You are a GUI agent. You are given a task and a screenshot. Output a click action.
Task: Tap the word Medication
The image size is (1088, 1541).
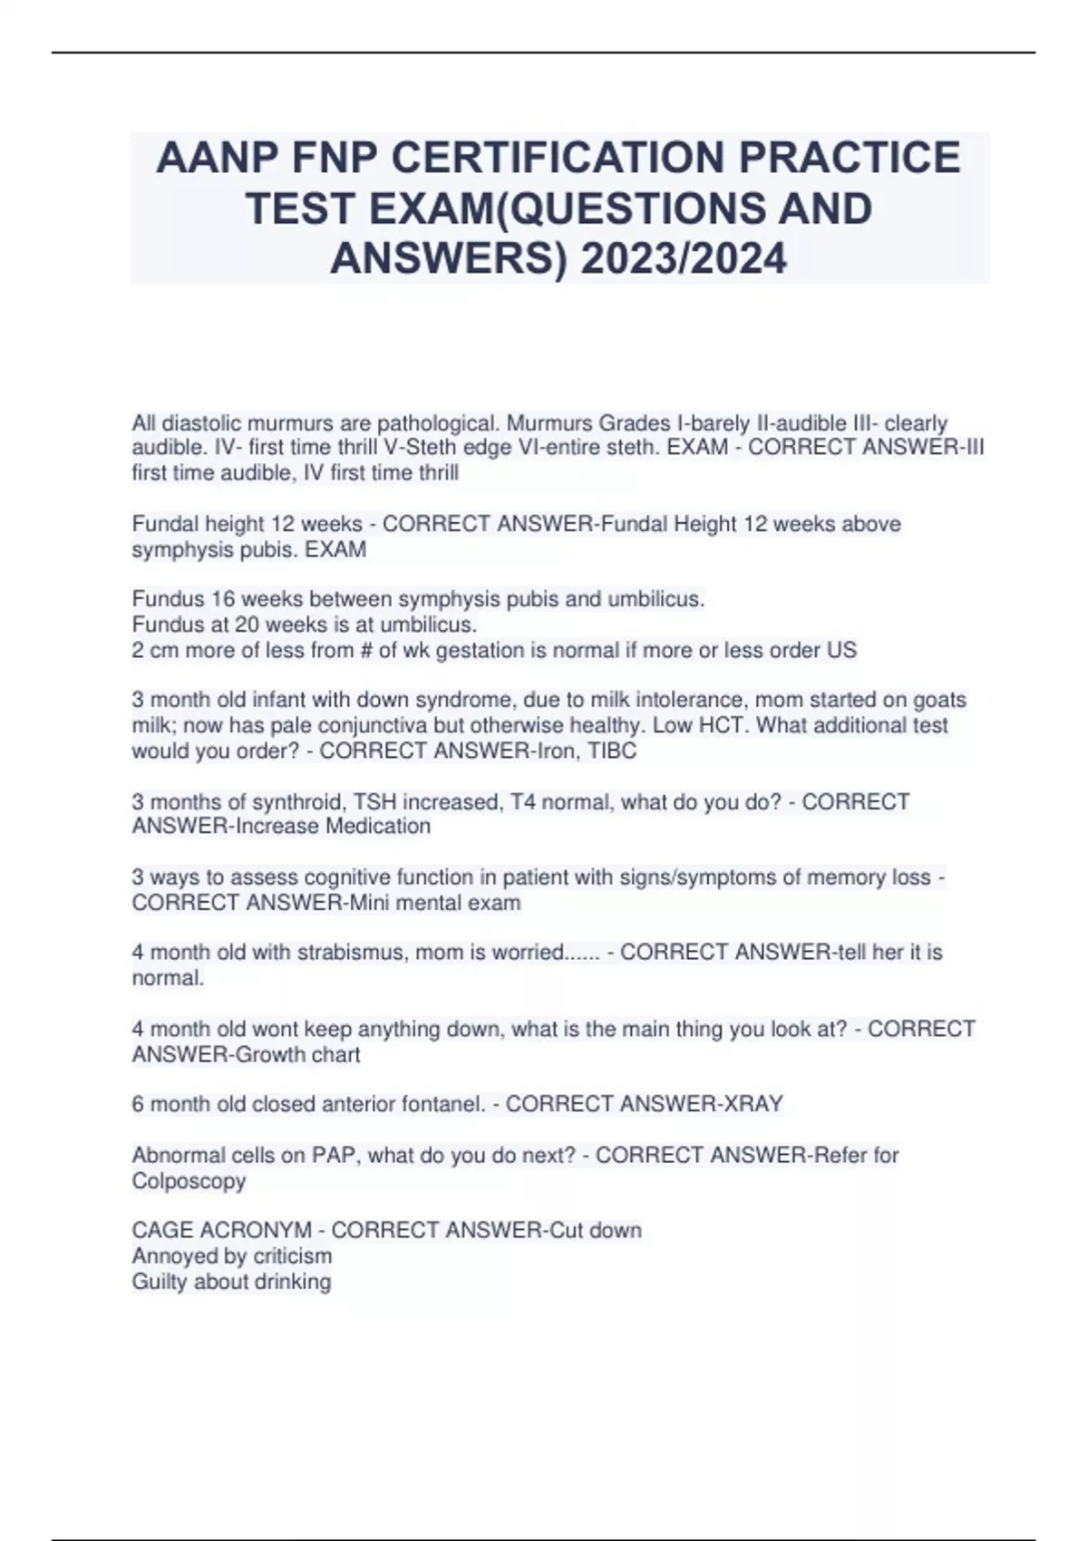pyautogui.click(x=377, y=827)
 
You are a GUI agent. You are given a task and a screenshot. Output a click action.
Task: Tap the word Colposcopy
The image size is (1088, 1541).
pyautogui.click(x=189, y=1181)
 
